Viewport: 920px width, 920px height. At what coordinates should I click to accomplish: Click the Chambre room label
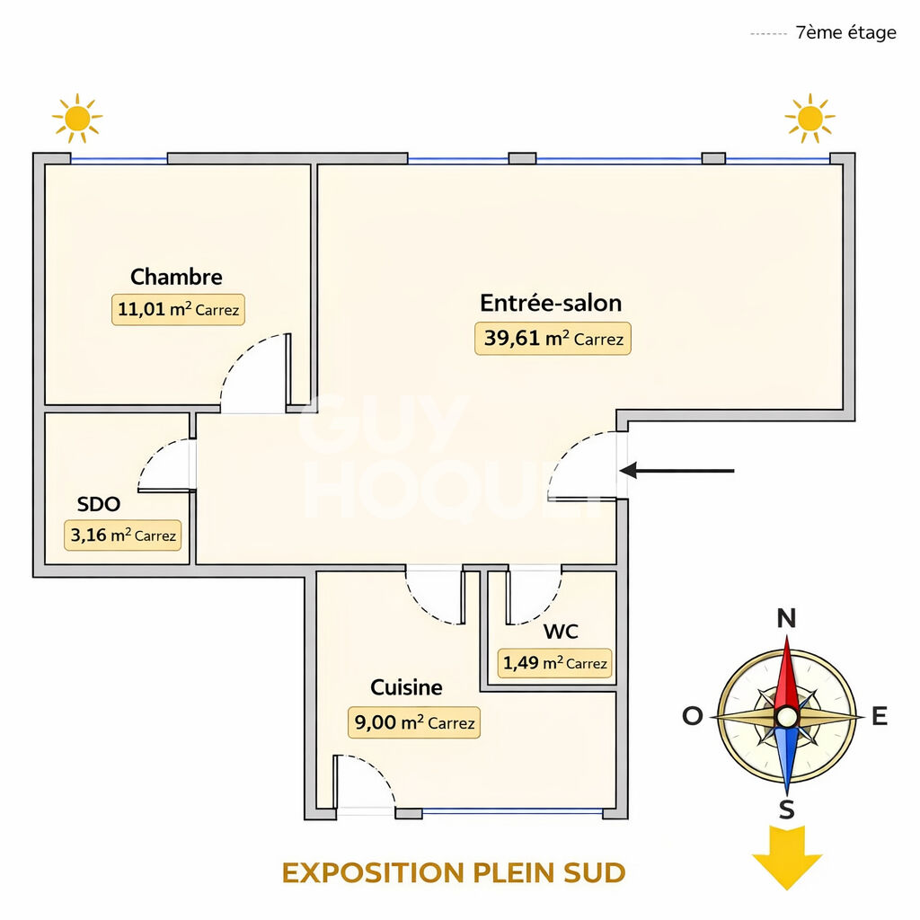176,277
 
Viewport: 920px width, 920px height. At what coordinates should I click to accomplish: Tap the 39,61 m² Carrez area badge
553,339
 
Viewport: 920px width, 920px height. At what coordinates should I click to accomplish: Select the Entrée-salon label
551,303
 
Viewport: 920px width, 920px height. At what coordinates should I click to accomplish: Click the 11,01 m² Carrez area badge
178,309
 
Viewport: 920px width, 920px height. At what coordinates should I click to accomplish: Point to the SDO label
99,504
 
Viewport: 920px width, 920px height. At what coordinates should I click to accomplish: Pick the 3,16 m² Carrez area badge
122,535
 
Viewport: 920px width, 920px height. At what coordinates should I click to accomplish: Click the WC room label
561,632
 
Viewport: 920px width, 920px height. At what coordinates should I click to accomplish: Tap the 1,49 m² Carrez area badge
554,663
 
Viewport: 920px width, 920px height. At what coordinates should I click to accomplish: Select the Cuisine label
406,687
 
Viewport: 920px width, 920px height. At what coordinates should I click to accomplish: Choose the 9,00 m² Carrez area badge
414,722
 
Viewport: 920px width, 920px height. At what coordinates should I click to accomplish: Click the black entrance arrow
677,471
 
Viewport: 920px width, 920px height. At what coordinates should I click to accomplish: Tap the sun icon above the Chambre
77,119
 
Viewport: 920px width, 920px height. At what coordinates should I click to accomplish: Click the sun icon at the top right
809,119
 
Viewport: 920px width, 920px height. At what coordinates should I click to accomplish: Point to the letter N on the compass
786,618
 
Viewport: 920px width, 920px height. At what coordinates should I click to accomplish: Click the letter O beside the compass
693,716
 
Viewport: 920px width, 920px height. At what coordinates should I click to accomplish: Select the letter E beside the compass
879,716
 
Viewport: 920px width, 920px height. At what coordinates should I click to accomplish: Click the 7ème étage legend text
845,33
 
